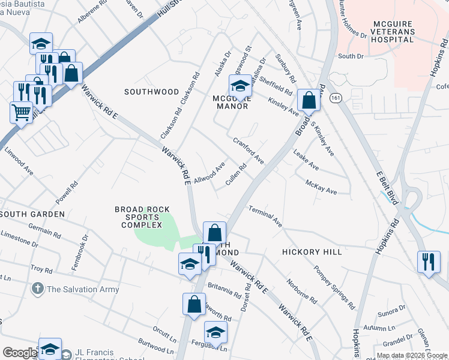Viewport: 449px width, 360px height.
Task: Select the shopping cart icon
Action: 22,112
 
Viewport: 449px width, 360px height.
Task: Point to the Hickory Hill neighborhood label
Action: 312,252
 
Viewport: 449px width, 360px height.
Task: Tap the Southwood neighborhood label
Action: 151,92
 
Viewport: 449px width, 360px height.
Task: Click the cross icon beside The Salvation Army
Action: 37,289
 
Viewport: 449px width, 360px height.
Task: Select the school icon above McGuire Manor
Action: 240,86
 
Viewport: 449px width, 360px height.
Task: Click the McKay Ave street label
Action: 321,187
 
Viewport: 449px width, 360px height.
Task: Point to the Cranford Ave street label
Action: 249,151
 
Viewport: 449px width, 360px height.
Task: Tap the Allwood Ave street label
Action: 209,172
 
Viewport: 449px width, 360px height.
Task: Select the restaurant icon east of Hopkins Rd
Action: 429,262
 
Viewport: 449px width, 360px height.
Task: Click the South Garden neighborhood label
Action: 32,214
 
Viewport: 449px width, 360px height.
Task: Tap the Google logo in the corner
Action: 20,353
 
